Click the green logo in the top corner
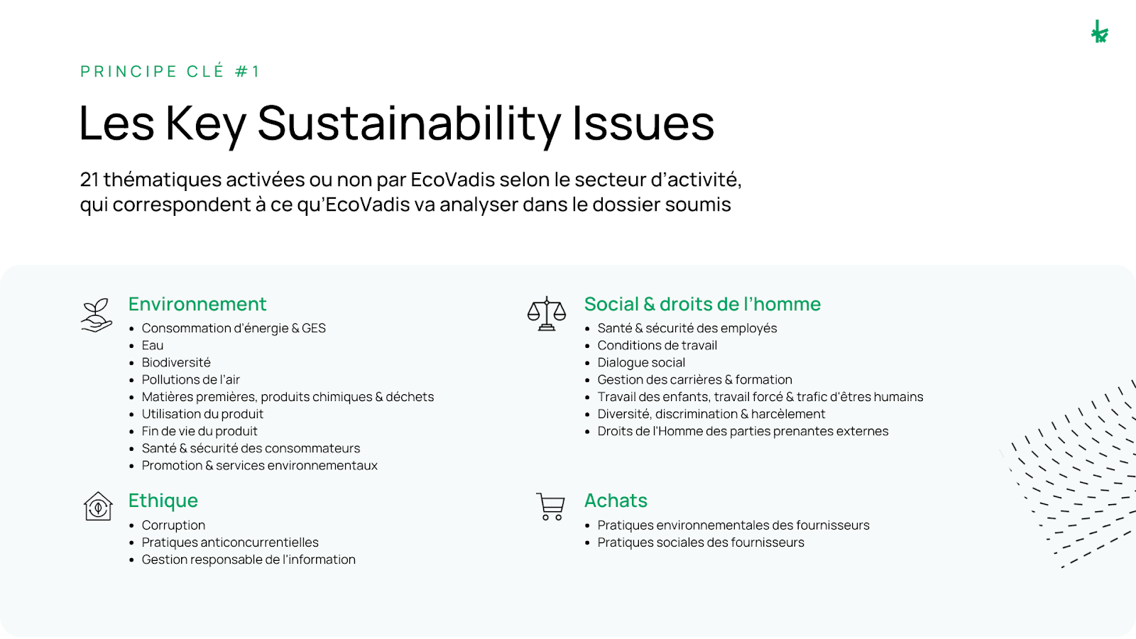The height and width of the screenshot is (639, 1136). click(1099, 32)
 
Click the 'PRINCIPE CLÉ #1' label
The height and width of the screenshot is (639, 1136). click(170, 72)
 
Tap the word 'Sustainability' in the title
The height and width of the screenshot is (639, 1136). click(409, 124)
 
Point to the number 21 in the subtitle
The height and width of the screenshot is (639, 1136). click(89, 180)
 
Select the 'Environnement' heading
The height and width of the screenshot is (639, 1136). click(197, 305)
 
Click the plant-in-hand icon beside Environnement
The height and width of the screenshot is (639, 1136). click(97, 315)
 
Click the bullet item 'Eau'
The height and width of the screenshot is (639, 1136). click(153, 346)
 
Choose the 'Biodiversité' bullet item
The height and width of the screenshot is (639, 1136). click(176, 363)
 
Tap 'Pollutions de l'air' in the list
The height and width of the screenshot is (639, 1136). click(190, 380)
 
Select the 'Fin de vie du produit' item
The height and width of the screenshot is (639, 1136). click(200, 432)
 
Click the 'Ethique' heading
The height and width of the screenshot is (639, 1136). click(163, 501)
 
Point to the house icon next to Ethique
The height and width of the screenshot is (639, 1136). click(98, 506)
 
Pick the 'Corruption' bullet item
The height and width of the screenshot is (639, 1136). click(173, 525)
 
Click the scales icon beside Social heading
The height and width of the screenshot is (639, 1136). click(546, 314)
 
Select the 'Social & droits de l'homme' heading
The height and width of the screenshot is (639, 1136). click(702, 305)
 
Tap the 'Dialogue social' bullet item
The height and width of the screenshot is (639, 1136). click(641, 363)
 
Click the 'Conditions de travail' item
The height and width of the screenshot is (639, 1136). click(657, 346)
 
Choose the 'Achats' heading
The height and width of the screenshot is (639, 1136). click(616, 501)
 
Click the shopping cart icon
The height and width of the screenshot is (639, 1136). click(550, 506)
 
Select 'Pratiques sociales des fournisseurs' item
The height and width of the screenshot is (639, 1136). click(701, 542)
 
